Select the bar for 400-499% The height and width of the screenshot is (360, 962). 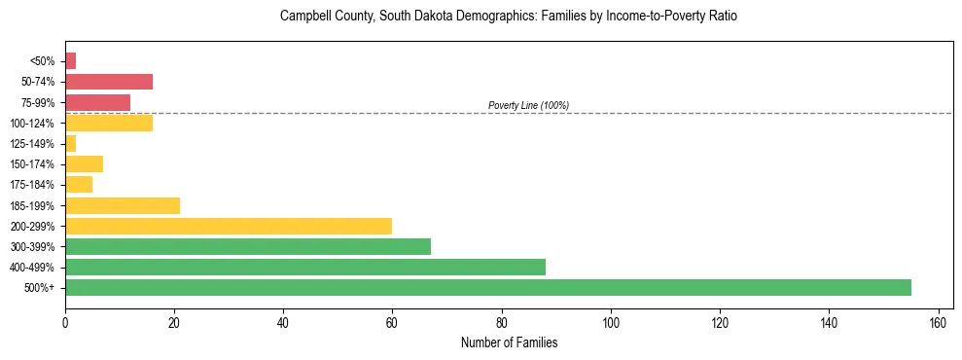[305, 267]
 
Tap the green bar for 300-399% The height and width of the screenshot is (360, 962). [248, 246]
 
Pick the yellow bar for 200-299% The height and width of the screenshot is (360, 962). [229, 226]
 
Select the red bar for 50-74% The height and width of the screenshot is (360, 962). [109, 82]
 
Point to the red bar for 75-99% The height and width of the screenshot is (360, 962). [97, 102]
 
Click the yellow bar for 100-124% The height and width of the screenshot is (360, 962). [109, 123]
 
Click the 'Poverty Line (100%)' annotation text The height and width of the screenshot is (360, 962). [528, 105]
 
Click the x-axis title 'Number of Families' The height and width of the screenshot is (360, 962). [509, 342]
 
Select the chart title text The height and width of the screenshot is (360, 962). [508, 17]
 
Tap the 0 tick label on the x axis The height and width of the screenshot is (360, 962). [65, 322]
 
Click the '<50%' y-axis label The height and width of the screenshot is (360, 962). [43, 61]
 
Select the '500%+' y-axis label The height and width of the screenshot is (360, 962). [41, 288]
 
